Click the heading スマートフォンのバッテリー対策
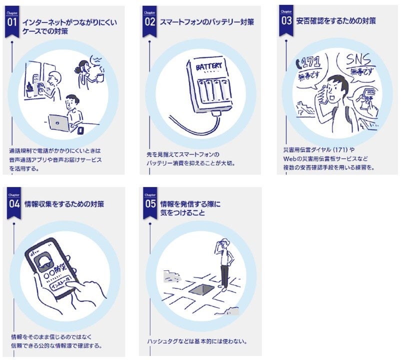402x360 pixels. pyautogui.click(x=206, y=22)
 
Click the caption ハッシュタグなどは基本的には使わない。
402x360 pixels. pyautogui.click(x=197, y=341)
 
